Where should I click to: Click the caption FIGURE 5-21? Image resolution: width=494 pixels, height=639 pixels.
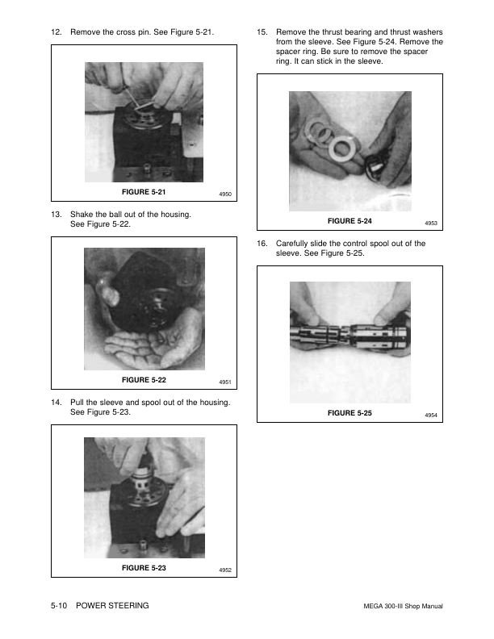[144, 192]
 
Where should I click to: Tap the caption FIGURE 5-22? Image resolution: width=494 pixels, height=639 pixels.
[144, 380]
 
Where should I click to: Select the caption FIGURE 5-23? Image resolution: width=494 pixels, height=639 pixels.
[144, 568]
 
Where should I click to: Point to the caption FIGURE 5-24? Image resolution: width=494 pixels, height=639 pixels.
[350, 221]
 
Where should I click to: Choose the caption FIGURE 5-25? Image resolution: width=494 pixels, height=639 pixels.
[350, 413]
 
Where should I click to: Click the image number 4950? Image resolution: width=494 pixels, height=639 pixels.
[225, 194]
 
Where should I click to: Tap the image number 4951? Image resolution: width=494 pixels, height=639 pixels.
[225, 382]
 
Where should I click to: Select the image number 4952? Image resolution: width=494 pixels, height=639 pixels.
[225, 570]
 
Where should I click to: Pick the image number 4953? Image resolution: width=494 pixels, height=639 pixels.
[431, 223]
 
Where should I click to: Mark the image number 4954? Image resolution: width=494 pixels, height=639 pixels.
[431, 416]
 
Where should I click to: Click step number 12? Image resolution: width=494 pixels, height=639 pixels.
[57, 31]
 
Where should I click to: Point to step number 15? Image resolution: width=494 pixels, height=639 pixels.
[262, 31]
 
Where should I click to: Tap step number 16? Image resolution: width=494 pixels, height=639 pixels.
[262, 244]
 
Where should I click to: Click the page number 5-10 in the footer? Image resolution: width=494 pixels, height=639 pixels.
[59, 606]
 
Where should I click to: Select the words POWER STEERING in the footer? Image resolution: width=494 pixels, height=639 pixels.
[112, 606]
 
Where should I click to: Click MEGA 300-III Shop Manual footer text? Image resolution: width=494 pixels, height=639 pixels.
[403, 606]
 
